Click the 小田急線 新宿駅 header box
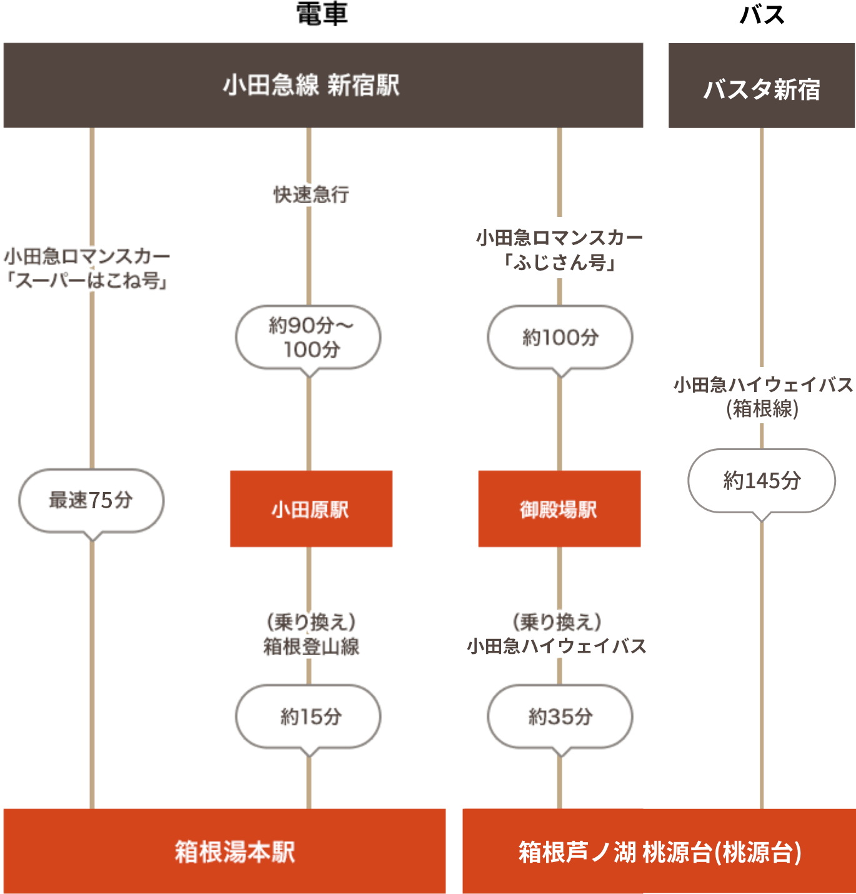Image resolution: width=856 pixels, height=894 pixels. point(323,86)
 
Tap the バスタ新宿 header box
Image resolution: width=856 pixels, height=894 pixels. point(762,86)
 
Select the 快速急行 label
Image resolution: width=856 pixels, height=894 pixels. point(311,194)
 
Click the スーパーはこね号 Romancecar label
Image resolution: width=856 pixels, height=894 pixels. point(87,269)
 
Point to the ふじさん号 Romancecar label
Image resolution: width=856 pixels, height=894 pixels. point(560,248)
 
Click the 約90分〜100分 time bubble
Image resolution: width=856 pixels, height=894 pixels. point(309,337)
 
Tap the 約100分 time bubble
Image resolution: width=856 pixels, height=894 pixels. point(560,337)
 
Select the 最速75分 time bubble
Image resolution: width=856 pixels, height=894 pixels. point(91,500)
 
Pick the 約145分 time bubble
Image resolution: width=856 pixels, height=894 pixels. point(762,480)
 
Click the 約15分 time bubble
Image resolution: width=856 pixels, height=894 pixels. point(309,716)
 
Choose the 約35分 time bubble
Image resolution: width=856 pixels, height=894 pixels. point(560,716)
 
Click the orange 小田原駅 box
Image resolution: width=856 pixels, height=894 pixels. point(311,509)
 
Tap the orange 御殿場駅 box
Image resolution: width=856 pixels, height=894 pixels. point(559,509)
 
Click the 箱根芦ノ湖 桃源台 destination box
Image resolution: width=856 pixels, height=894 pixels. point(659,851)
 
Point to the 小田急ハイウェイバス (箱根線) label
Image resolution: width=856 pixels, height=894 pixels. point(763,397)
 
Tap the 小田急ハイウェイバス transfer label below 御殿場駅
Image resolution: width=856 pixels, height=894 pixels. point(557,646)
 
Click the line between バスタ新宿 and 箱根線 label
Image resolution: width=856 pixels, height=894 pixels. point(762,244)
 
